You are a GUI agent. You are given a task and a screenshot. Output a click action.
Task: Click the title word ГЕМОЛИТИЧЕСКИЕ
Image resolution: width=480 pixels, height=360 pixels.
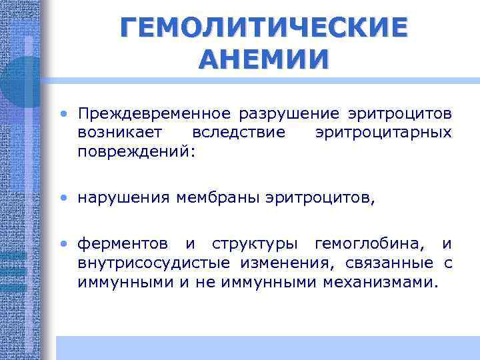263,29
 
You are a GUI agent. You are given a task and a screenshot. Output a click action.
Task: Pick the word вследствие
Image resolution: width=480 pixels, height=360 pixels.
238,132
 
